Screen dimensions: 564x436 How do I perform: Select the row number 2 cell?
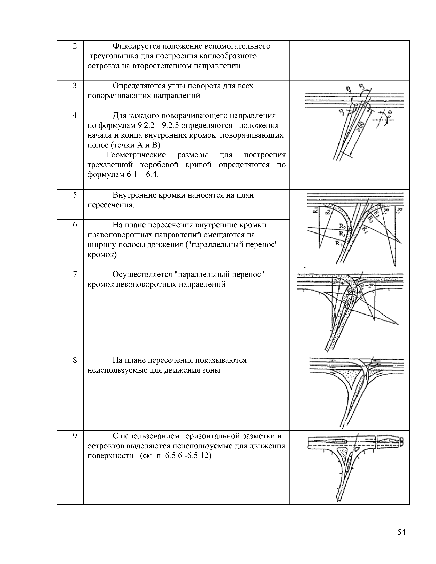click(x=75, y=46)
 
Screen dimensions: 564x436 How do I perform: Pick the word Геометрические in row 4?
click(x=136, y=155)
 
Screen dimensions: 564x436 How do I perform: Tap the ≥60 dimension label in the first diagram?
click(x=360, y=126)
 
